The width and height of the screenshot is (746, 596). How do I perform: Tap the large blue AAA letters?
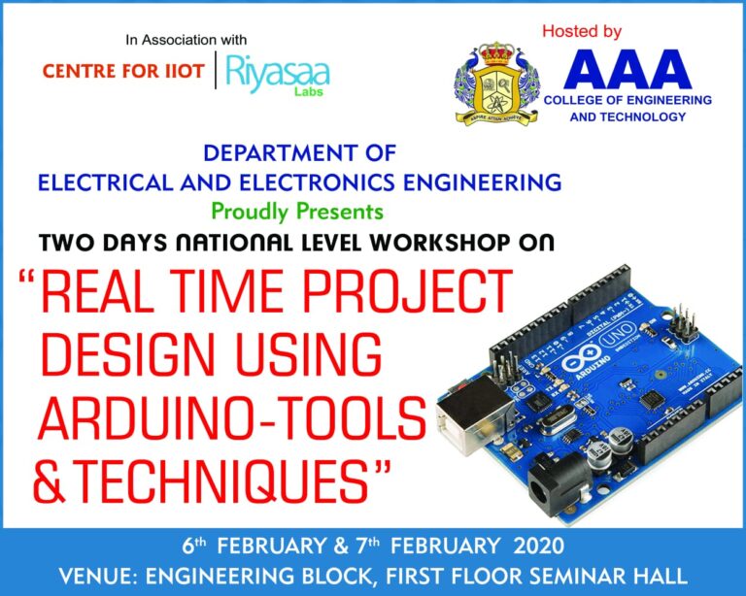point(627,69)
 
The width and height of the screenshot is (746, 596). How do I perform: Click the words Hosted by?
point(581,32)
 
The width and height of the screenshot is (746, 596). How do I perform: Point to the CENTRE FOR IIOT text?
point(124,72)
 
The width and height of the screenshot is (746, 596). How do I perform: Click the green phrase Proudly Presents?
point(297,211)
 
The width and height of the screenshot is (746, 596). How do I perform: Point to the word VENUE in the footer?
point(95,575)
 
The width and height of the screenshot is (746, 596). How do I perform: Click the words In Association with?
point(186,40)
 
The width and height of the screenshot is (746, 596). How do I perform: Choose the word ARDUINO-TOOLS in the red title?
point(231,418)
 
